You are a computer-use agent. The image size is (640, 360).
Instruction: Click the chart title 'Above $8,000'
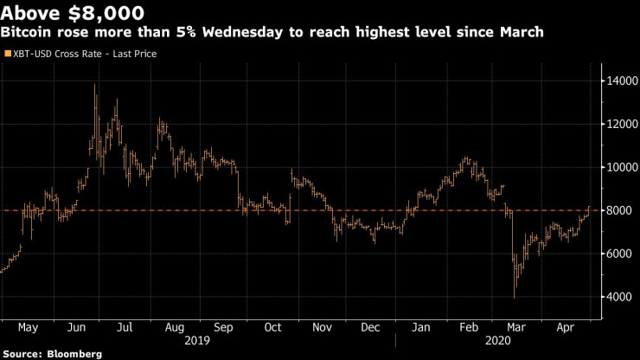point(73,13)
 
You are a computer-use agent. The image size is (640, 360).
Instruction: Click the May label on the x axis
point(29,329)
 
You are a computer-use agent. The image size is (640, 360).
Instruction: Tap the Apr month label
point(565,329)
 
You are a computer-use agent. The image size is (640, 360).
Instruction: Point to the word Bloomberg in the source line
point(73,354)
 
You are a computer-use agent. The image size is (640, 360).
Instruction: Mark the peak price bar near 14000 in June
point(94,87)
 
